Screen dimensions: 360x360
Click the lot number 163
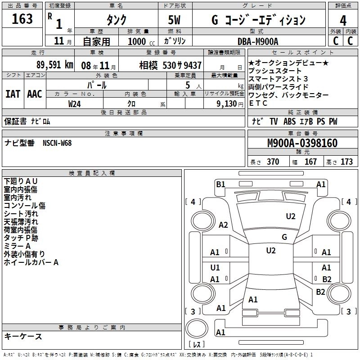click(x=22, y=19)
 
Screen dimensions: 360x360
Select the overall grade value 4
click(x=343, y=20)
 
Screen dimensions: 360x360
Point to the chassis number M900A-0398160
click(x=302, y=143)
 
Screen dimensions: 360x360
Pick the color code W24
click(x=75, y=103)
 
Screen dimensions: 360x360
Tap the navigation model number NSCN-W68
click(x=57, y=143)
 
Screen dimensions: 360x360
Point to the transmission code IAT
click(x=13, y=94)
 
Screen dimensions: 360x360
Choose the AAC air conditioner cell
click(x=35, y=94)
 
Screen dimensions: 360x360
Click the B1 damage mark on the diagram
click(x=220, y=184)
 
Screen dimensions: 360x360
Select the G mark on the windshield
click(x=284, y=237)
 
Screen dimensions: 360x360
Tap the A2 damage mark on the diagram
click(x=223, y=225)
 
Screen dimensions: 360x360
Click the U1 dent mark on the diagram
click(x=215, y=268)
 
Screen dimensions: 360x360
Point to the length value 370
click(x=273, y=162)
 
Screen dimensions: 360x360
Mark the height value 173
click(x=346, y=162)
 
